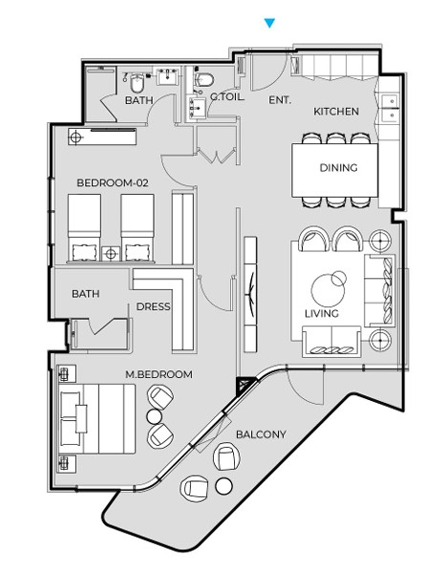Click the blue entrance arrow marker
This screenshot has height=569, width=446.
click(x=269, y=23)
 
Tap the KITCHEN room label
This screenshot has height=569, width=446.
click(x=336, y=112)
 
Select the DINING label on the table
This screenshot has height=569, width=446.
click(x=338, y=168)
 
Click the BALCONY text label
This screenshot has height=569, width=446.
click(x=261, y=434)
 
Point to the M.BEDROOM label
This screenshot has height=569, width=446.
click(x=159, y=374)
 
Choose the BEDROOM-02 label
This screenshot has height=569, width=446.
click(x=113, y=182)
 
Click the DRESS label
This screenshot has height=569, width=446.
click(x=153, y=306)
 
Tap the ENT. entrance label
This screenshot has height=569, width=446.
click(x=280, y=100)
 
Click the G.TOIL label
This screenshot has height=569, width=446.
click(x=227, y=96)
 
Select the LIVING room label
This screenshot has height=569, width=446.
click(x=322, y=313)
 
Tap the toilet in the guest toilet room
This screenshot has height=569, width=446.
click(x=204, y=79)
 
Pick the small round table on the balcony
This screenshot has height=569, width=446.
click(x=223, y=486)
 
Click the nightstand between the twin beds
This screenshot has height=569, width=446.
click(x=111, y=254)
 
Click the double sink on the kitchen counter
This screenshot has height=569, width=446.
click(x=391, y=108)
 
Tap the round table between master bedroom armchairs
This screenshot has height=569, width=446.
click(x=154, y=416)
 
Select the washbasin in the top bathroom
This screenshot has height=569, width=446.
click(x=168, y=75)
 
